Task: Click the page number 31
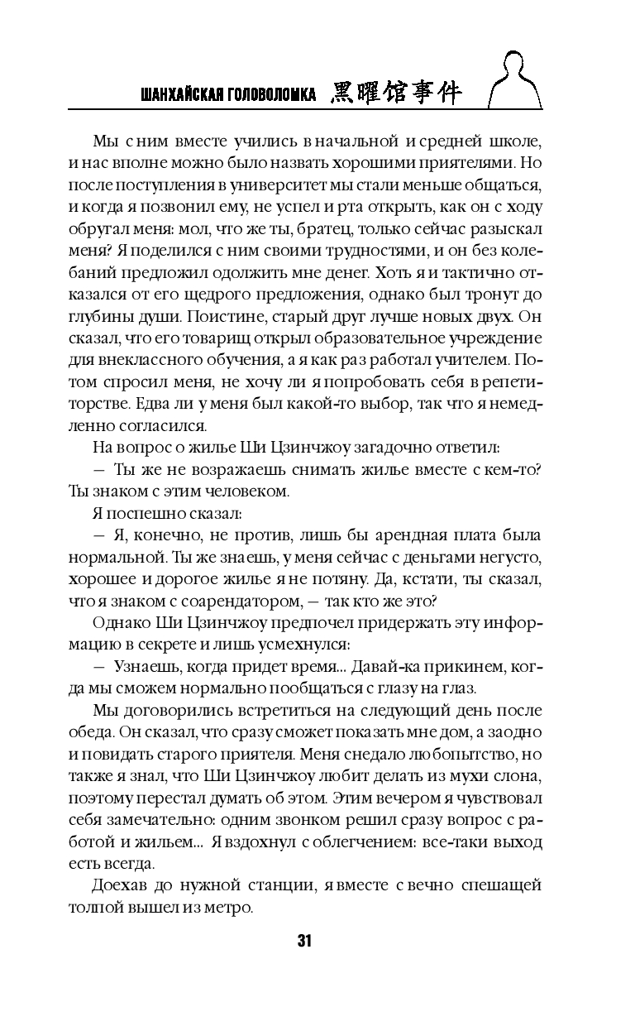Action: tap(303, 941)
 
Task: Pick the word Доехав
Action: tap(121, 885)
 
